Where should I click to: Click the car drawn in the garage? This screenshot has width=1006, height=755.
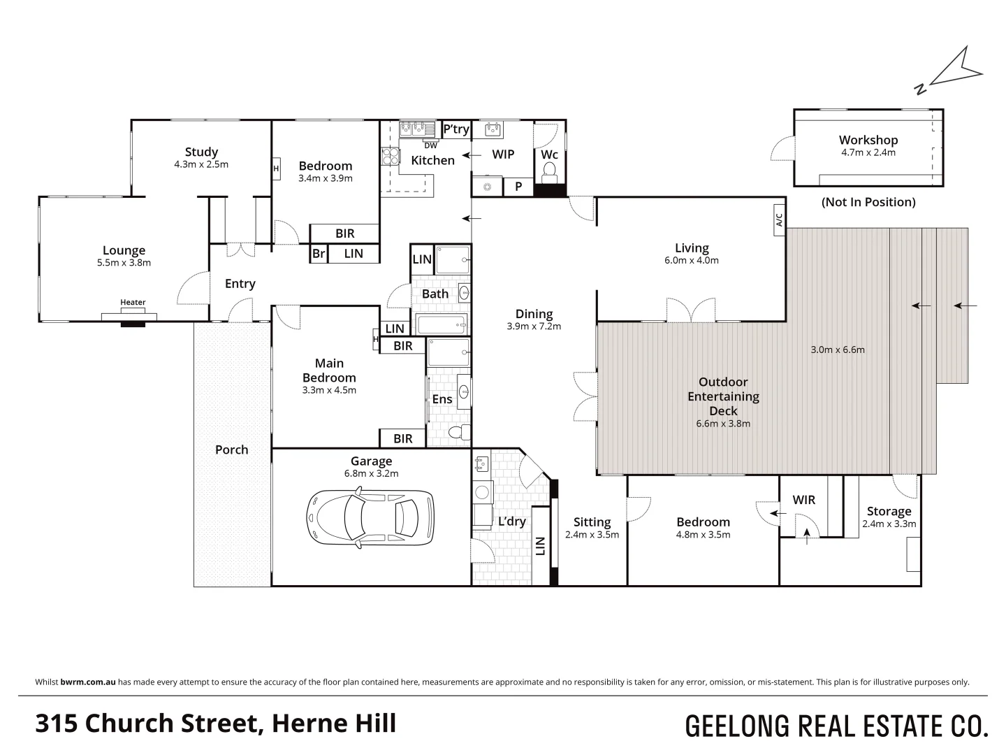(x=370, y=517)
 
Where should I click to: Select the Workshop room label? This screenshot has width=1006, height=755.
(x=868, y=140)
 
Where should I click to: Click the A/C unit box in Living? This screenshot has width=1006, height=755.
(x=779, y=220)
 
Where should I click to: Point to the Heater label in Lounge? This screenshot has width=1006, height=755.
(x=133, y=303)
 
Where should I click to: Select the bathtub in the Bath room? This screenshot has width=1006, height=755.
(x=441, y=324)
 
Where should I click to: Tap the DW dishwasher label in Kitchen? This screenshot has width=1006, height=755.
(x=431, y=145)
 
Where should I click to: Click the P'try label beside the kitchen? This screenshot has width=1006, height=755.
(x=456, y=129)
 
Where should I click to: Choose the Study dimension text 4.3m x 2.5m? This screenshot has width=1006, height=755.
(x=201, y=164)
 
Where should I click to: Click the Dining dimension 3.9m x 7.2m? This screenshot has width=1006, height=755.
(x=534, y=326)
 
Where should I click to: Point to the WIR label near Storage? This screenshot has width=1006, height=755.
(x=804, y=500)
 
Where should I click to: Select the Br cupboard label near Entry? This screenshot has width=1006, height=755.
(x=319, y=254)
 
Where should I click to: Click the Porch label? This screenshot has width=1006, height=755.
(x=231, y=450)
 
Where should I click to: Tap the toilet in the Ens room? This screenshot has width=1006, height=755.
(x=456, y=432)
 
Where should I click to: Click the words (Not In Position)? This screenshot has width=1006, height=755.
(x=868, y=202)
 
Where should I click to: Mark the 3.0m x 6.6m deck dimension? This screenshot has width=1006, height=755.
(x=838, y=350)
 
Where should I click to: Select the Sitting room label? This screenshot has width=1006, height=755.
(x=592, y=522)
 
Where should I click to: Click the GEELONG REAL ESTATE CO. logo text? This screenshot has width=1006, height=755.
(x=836, y=726)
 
